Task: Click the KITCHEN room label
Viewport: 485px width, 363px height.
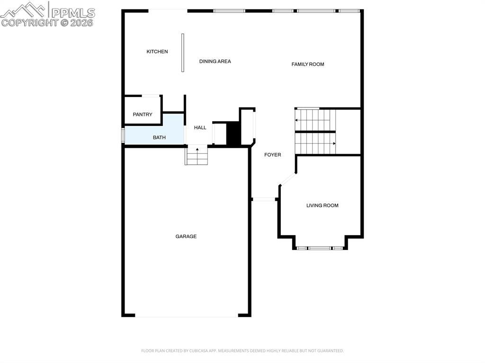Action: pyautogui.click(x=157, y=52)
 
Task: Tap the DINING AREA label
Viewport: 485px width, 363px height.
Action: pyautogui.click(x=215, y=62)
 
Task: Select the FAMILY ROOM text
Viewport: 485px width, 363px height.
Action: pyautogui.click(x=307, y=64)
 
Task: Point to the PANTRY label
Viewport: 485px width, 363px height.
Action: pyautogui.click(x=143, y=115)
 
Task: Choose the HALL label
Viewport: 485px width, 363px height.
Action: pyautogui.click(x=200, y=128)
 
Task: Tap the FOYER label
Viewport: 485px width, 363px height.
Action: pyautogui.click(x=272, y=155)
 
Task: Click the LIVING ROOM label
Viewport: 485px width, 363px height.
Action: pyautogui.click(x=322, y=205)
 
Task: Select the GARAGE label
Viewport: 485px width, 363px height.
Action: pyautogui.click(x=186, y=237)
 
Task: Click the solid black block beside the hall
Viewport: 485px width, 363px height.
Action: pyautogui.click(x=234, y=133)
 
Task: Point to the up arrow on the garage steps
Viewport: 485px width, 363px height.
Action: pyautogui.click(x=197, y=151)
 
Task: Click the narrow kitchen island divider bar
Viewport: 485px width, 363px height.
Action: pyautogui.click(x=183, y=53)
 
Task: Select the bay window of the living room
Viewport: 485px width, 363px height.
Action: pyautogui.click(x=320, y=248)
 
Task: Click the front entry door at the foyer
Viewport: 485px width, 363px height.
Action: pyautogui.click(x=264, y=199)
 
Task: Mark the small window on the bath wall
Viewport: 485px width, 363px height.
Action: pyautogui.click(x=123, y=134)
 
